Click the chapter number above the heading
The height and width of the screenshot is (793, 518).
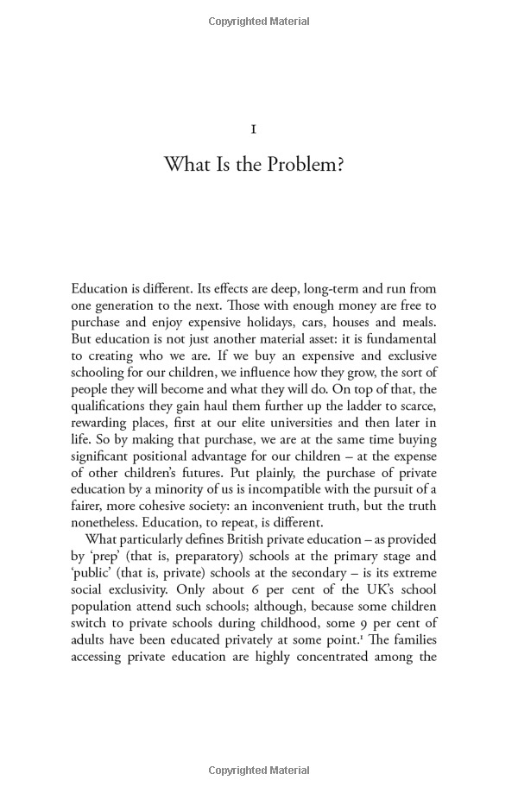(253, 129)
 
